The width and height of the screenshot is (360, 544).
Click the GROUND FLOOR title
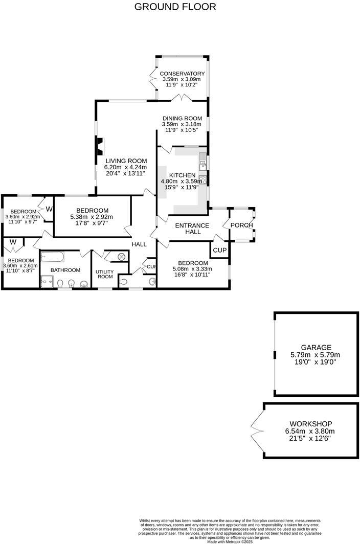(x=175, y=7)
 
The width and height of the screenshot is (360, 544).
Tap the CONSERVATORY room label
(x=182, y=74)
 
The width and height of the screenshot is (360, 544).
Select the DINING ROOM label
(x=182, y=118)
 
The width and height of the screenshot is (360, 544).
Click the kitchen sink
(x=202, y=165)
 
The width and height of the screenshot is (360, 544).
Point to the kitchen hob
(x=202, y=179)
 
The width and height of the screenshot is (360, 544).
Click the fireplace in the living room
(x=100, y=146)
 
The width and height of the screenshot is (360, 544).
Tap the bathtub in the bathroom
(x=59, y=256)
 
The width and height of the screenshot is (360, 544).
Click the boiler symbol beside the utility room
(x=122, y=257)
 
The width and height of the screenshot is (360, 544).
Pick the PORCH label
(x=241, y=225)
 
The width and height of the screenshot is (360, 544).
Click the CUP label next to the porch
(x=219, y=250)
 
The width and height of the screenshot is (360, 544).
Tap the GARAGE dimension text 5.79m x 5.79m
(x=316, y=354)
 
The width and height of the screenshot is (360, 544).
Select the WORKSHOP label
(x=310, y=424)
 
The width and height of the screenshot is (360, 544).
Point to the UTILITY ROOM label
(x=105, y=274)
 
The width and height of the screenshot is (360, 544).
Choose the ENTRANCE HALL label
(x=192, y=228)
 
